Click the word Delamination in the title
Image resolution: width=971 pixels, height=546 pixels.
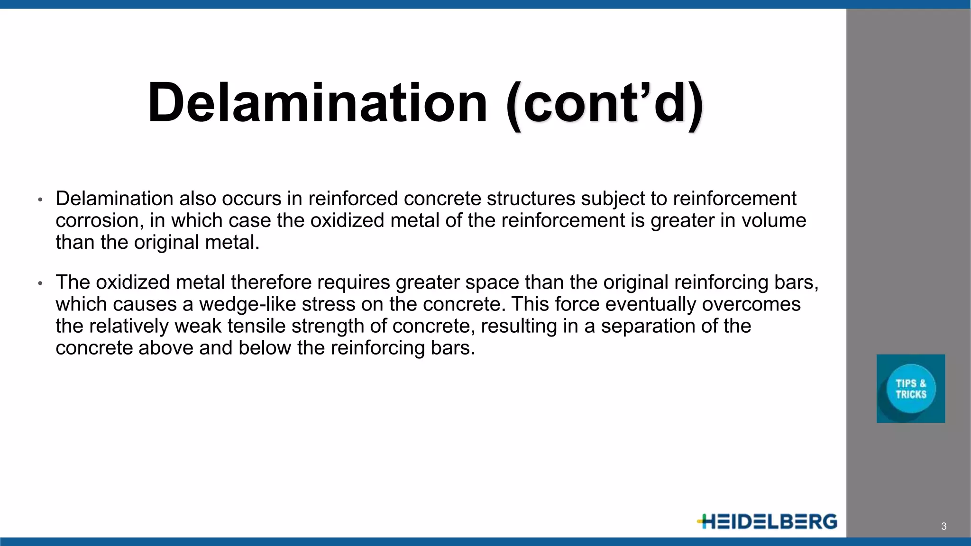tap(317, 103)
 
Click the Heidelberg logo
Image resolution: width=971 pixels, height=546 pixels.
tap(767, 521)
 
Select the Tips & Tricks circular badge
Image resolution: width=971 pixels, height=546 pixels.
tap(911, 389)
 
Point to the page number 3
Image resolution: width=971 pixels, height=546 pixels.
tap(944, 526)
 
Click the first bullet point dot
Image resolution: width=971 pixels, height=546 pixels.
tap(40, 200)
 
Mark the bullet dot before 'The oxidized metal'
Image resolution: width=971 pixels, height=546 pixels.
tap(40, 283)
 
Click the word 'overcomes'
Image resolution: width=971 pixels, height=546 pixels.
tap(751, 304)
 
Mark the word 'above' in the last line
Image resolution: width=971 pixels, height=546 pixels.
tap(166, 348)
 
